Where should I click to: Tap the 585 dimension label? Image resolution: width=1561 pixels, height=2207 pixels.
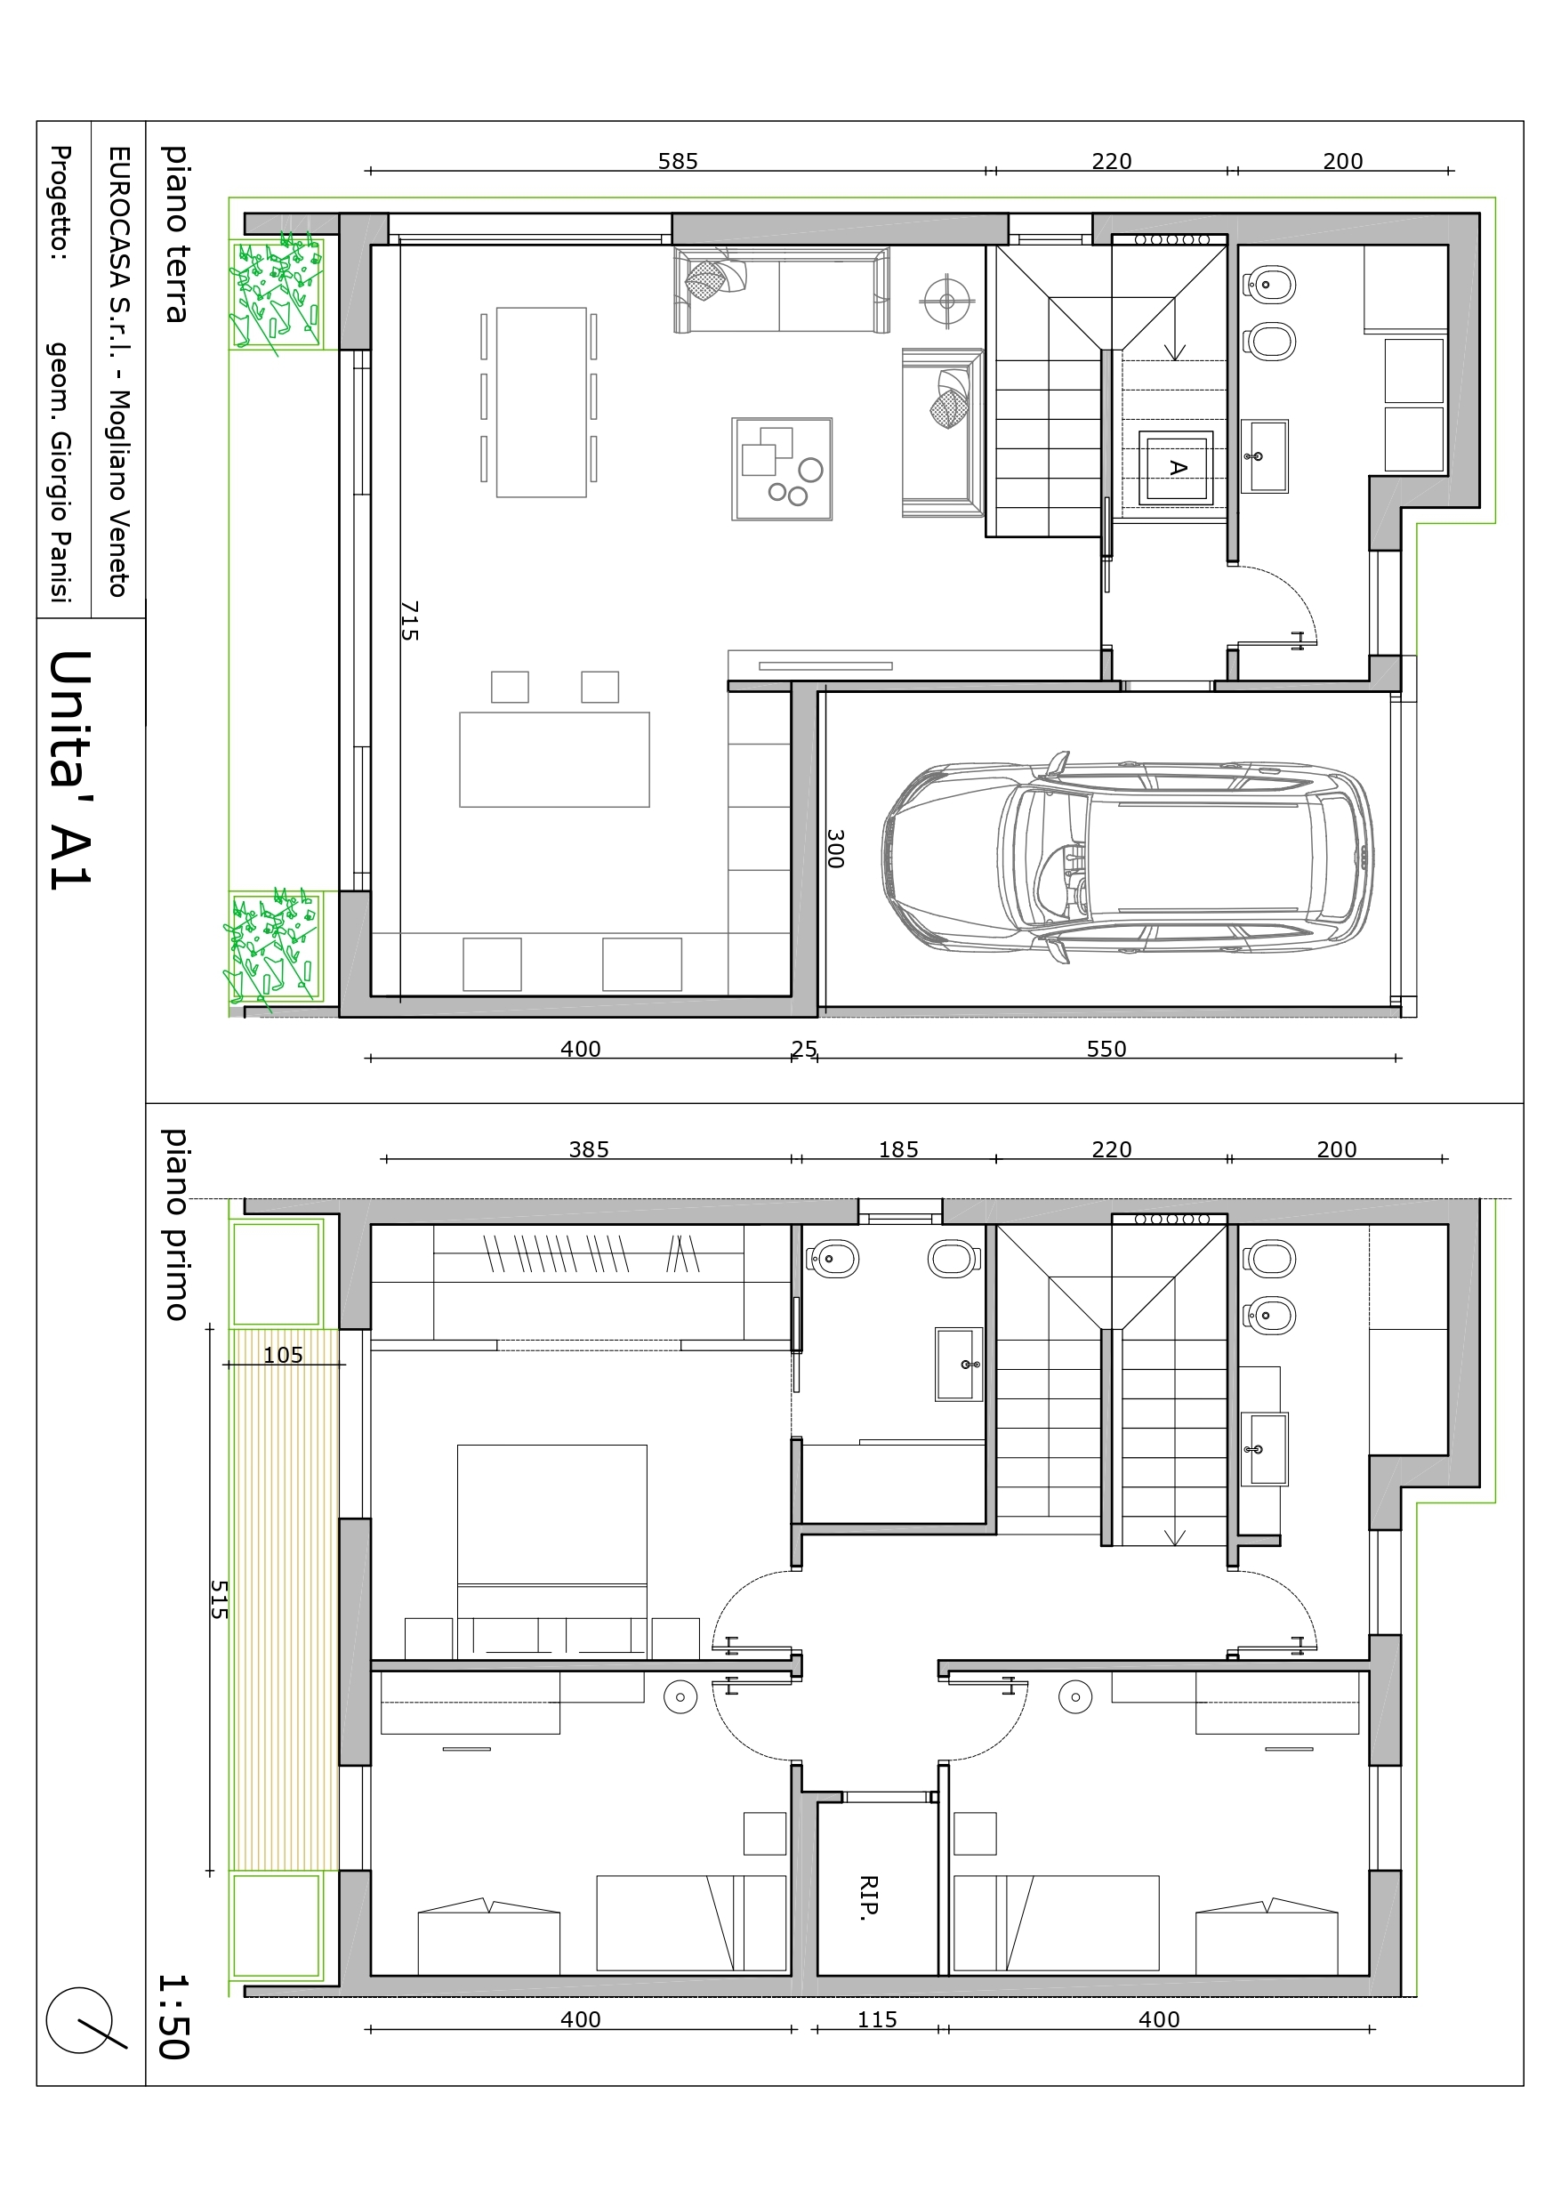(x=678, y=162)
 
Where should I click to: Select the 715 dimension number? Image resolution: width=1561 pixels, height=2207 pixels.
(x=408, y=621)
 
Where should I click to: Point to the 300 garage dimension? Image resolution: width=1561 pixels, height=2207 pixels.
(x=835, y=850)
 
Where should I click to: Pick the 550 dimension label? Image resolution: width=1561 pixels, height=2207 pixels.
(x=1106, y=1049)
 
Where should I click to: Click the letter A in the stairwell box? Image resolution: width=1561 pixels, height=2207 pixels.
(x=1178, y=468)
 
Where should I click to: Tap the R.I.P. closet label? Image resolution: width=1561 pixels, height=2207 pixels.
(x=868, y=1897)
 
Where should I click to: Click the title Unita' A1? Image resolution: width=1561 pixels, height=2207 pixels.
(x=70, y=770)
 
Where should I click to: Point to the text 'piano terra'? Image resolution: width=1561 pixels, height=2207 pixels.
(x=174, y=234)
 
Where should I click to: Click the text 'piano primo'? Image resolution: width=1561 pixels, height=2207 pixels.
(x=174, y=1224)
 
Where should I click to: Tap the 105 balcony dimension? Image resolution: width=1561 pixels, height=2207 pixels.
(x=283, y=1356)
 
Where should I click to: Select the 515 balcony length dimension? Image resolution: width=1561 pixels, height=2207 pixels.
(x=220, y=1599)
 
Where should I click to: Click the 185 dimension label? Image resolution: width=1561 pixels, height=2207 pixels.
(x=898, y=1149)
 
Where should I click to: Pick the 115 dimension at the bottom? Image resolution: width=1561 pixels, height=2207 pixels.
(x=878, y=2019)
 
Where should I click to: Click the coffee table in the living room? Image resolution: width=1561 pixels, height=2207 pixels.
(x=782, y=469)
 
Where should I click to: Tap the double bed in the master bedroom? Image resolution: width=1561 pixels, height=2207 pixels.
(x=551, y=1551)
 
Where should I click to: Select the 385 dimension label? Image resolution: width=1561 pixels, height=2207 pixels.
(x=589, y=1149)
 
